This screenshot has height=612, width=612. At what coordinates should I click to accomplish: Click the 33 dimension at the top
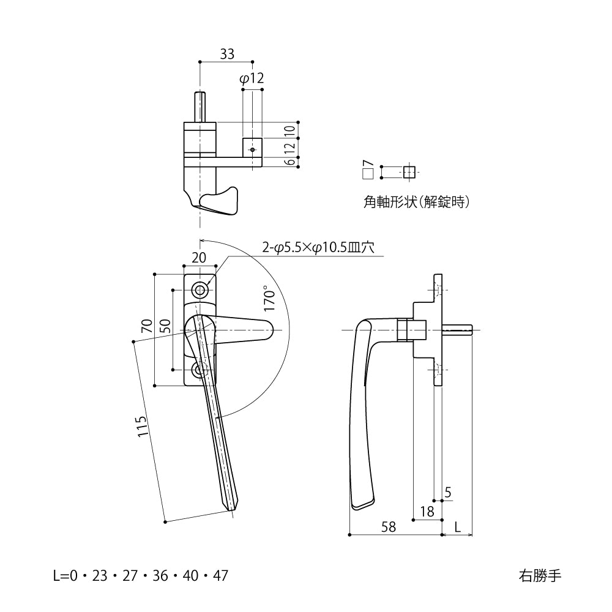(x=226, y=54)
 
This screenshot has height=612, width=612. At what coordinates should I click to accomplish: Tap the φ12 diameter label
(x=252, y=78)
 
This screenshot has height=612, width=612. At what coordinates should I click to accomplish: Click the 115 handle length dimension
(x=143, y=426)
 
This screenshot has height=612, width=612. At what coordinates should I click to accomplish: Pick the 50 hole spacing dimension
(x=165, y=326)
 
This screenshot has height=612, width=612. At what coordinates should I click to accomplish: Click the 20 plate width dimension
(x=199, y=258)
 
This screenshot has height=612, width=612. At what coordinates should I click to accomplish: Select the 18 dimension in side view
(x=427, y=512)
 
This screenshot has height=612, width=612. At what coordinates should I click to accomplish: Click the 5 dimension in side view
(x=448, y=492)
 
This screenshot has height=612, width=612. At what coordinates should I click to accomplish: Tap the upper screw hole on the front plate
(x=200, y=289)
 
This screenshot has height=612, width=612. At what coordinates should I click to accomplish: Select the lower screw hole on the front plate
(x=200, y=370)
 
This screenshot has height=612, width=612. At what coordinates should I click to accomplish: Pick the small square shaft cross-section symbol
(x=409, y=172)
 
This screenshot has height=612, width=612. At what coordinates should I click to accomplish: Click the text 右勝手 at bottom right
(x=539, y=575)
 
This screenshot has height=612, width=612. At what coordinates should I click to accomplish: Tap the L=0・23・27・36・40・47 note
(x=141, y=575)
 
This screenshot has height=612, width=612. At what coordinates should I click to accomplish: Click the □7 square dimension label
(x=368, y=170)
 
